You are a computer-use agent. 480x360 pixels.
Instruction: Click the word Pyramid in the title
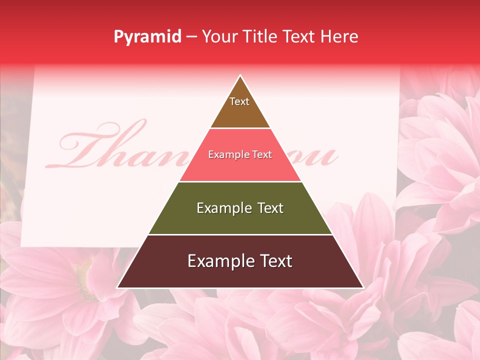pos(147,36)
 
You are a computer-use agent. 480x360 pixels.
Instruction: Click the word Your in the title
pos(219,36)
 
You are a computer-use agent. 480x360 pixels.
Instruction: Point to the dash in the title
pos(191,37)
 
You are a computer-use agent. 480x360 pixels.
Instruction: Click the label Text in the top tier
pos(239,101)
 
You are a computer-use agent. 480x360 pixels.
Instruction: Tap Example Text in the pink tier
pos(240,154)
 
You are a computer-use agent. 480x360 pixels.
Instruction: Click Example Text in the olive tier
pos(240,208)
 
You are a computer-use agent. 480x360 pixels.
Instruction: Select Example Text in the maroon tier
pos(240,261)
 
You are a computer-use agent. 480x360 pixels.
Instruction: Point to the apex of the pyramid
pos(240,76)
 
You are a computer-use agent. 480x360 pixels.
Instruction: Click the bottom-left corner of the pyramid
pos(118,287)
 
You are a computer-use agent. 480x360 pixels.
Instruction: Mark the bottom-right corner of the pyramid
pos(362,287)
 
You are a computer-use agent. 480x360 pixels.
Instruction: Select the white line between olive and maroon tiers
pos(240,234)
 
